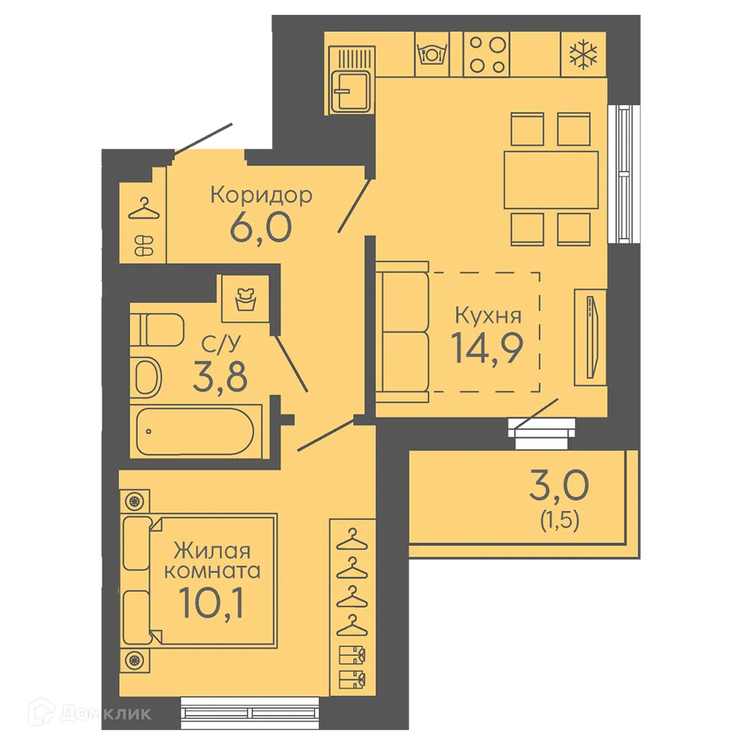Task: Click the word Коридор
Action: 261,195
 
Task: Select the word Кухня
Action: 488,315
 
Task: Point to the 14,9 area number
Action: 487,348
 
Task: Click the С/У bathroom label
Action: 221,344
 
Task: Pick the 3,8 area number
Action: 220,376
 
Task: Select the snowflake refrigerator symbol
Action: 583,54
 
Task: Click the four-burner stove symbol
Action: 487,54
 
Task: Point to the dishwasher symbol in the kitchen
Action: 432,54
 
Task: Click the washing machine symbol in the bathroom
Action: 246,299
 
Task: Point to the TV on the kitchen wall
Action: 591,337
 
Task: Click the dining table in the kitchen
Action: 551,180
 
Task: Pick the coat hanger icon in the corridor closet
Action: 144,209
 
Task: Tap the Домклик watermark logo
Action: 90,713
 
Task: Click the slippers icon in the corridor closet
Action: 144,245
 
